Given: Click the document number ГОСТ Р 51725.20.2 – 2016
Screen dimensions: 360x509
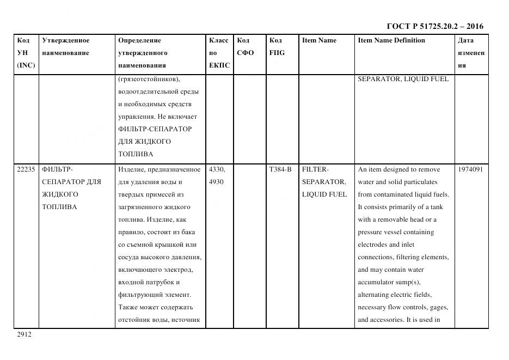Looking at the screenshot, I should tap(434, 26).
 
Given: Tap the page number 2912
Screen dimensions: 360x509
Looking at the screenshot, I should tap(24, 334).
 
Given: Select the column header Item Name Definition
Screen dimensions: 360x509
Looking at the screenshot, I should tap(391, 40).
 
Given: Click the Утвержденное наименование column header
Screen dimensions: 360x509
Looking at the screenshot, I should tap(66, 46).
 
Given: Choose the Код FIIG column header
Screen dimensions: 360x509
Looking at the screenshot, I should tap(277, 46).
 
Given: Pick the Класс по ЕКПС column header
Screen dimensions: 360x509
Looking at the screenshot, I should tap(219, 53).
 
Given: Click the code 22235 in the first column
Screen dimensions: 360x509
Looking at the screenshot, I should tap(26, 169).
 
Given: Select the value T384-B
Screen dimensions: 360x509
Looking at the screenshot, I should tap(280, 169).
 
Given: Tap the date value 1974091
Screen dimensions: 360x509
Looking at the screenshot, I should tap(471, 169).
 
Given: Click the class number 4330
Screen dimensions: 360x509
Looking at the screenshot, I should tap(217, 169).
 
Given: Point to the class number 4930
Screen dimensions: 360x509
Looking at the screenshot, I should tap(216, 182).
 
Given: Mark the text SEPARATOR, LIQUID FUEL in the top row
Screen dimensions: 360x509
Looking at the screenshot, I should tap(403, 79).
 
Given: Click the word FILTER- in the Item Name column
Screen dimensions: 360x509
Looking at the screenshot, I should tap(315, 169).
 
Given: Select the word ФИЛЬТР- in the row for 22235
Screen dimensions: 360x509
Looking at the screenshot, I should tap(57, 169).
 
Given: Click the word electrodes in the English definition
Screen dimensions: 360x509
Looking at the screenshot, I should tap(372, 245).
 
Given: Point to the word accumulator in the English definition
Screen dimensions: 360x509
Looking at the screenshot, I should tap(376, 282).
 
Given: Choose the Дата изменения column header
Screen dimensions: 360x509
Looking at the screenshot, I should tap(471, 53).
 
